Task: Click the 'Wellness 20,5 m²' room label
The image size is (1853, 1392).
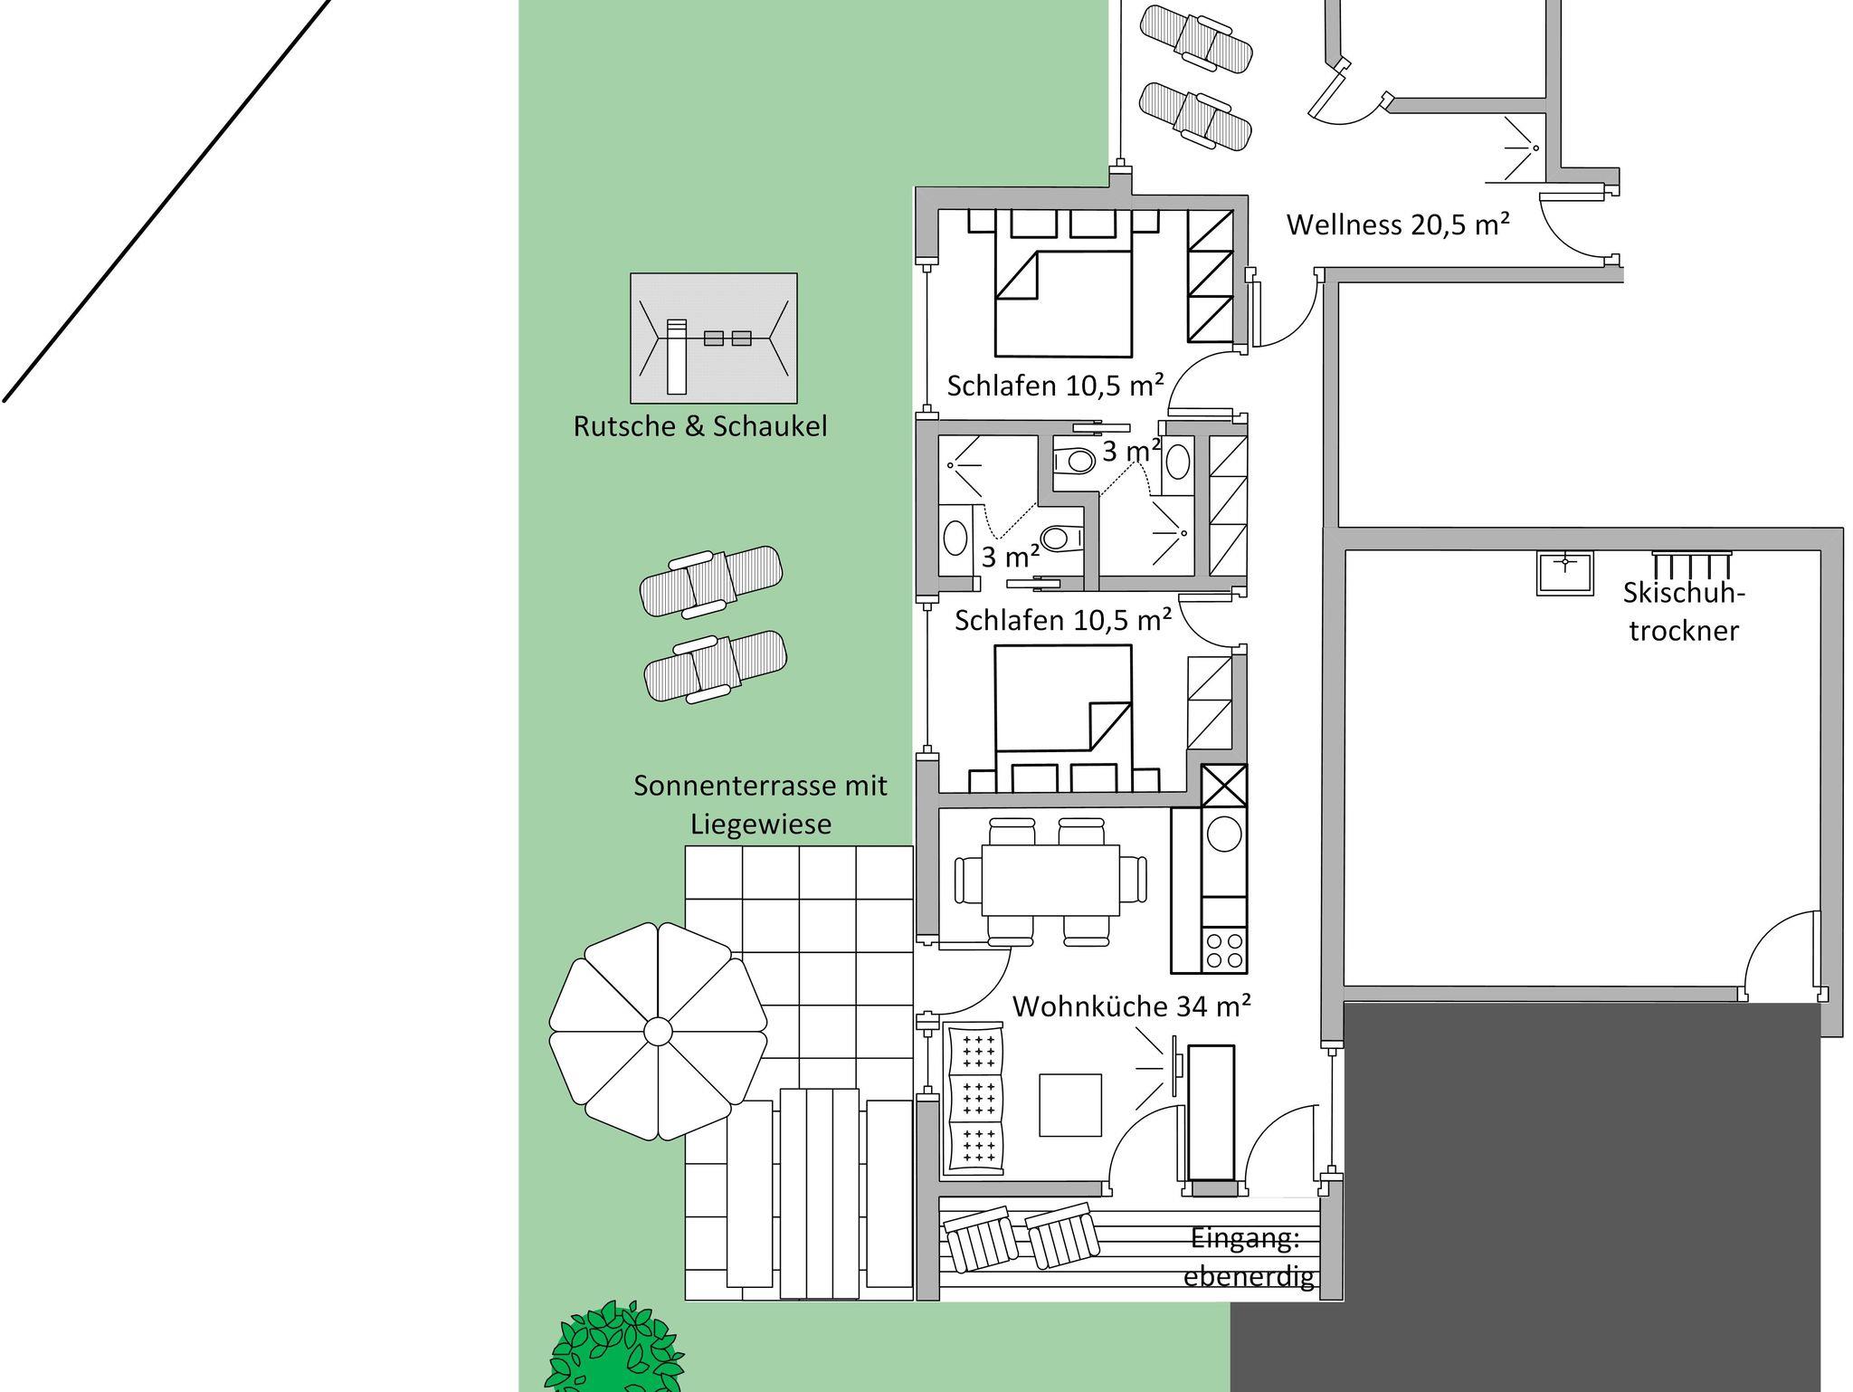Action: (1398, 224)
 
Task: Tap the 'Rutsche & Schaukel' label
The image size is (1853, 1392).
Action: (700, 426)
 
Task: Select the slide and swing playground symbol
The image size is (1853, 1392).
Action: (714, 338)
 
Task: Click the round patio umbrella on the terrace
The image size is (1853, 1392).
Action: (658, 1031)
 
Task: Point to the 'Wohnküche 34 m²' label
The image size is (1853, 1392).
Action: (1132, 1006)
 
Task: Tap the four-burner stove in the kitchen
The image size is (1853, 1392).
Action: (1223, 949)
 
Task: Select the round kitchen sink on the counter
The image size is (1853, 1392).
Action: (1223, 834)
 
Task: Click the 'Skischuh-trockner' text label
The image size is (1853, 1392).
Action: (1684, 611)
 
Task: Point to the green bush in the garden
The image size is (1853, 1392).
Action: (615, 1349)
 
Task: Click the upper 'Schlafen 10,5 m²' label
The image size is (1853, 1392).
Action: (1055, 386)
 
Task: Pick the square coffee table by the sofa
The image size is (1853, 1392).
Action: (1070, 1104)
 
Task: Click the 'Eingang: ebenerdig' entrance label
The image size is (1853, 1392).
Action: (1249, 1257)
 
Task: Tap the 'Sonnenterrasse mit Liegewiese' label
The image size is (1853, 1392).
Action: (760, 805)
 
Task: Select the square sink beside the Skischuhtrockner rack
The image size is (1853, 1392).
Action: (1564, 573)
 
